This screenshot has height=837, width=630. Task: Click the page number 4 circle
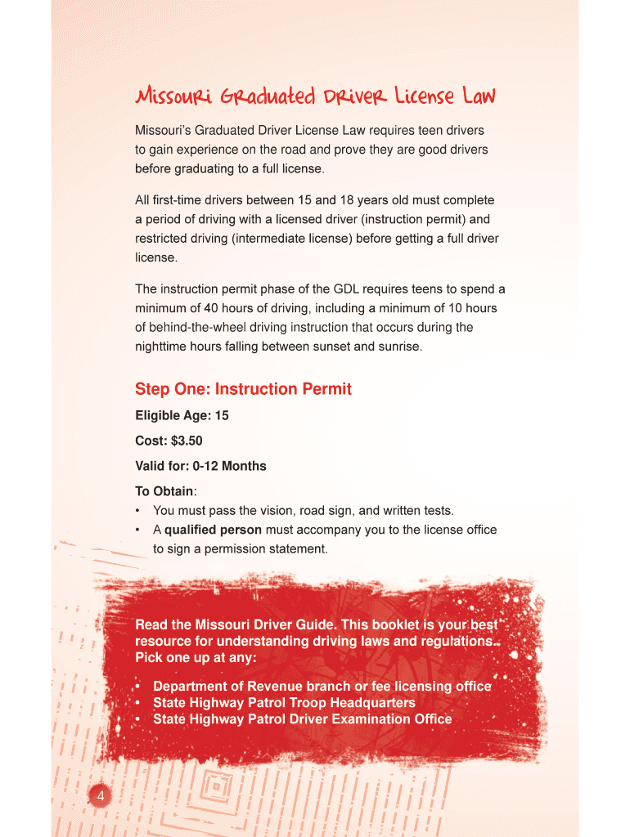pos(99,797)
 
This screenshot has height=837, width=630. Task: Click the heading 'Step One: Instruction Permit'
pos(243,389)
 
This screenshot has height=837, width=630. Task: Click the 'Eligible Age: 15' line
pos(182,416)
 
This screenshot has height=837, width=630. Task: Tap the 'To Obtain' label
pos(164,491)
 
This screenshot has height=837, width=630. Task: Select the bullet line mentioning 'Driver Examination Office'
pos(302,719)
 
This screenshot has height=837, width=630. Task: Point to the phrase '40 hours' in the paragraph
pos(217,309)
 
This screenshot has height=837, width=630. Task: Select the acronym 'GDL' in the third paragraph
pos(348,289)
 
